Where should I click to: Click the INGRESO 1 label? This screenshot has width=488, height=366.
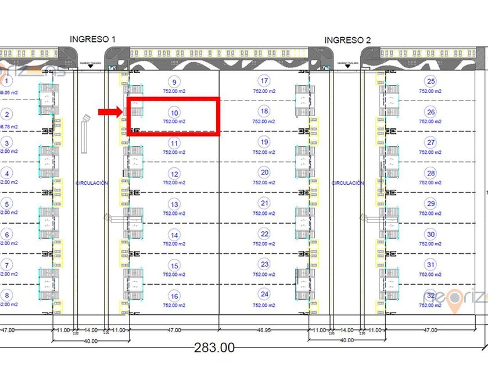(x=93, y=39)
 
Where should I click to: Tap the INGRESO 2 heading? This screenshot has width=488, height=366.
(x=347, y=40)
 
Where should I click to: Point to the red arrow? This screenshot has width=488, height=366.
(x=109, y=112)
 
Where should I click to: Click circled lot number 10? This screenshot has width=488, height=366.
(x=174, y=112)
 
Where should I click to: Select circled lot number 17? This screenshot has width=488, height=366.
(x=265, y=81)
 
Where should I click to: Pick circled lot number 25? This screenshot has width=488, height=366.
(x=430, y=81)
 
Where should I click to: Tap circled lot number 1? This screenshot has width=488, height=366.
(x=7, y=82)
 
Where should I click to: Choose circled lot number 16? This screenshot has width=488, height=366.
(x=174, y=296)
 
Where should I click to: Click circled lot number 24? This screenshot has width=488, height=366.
(x=265, y=294)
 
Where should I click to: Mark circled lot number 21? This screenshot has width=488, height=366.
(x=265, y=203)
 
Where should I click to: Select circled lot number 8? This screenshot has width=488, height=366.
(x=7, y=295)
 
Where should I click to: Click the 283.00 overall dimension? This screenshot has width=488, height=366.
(x=214, y=347)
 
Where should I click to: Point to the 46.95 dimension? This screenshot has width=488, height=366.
(x=264, y=330)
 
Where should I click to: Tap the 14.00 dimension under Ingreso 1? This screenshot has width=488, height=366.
(x=91, y=330)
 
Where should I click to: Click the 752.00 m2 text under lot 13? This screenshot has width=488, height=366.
(x=174, y=213)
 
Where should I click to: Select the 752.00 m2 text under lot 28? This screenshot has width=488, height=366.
(x=430, y=182)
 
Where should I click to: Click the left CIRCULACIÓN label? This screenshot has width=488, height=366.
(x=92, y=183)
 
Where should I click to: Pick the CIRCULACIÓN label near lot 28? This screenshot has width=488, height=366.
(x=347, y=183)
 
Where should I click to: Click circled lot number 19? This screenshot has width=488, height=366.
(x=265, y=142)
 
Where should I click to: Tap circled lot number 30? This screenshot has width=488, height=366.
(x=430, y=234)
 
